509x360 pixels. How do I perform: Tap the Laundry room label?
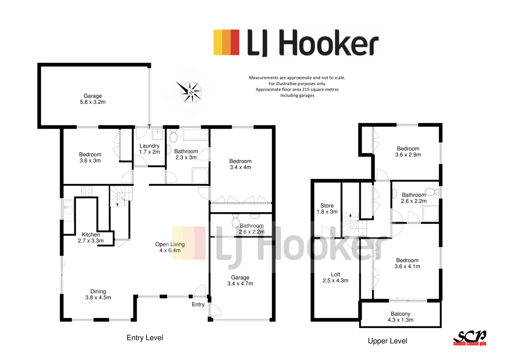149,149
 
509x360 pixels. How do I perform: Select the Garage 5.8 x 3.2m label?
93,99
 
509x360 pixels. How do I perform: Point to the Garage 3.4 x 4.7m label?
240,280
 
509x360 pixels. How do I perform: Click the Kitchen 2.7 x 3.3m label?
91,238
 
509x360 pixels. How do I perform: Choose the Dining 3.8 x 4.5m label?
98,294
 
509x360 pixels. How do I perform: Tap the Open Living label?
170,247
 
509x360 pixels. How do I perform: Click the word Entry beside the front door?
198,304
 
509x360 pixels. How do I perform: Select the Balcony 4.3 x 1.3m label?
400,317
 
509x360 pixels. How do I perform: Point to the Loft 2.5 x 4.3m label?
335,277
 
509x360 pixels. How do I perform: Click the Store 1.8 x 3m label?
327,209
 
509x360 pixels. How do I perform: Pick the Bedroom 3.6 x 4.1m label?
407,263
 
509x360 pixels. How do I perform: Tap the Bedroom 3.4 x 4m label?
240,164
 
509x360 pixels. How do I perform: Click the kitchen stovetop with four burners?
87,191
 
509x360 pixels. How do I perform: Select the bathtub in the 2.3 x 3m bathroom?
196,135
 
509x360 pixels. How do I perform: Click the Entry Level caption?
145,338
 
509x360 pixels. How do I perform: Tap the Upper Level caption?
387,341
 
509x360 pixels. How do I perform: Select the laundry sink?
157,134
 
